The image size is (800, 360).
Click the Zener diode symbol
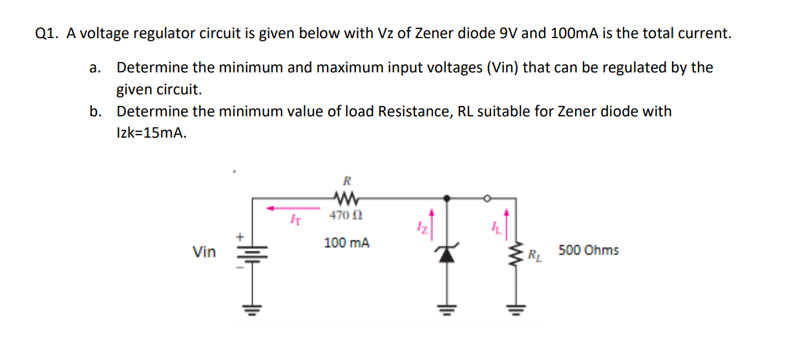(x=445, y=253)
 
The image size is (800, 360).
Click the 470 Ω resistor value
(x=341, y=215)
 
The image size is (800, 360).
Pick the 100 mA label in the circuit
(x=347, y=244)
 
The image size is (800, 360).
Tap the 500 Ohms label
(x=588, y=250)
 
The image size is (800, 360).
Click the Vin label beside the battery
(x=204, y=252)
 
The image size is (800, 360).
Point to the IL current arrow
(x=506, y=222)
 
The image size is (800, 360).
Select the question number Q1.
(x=45, y=34)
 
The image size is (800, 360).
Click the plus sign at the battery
(x=238, y=238)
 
